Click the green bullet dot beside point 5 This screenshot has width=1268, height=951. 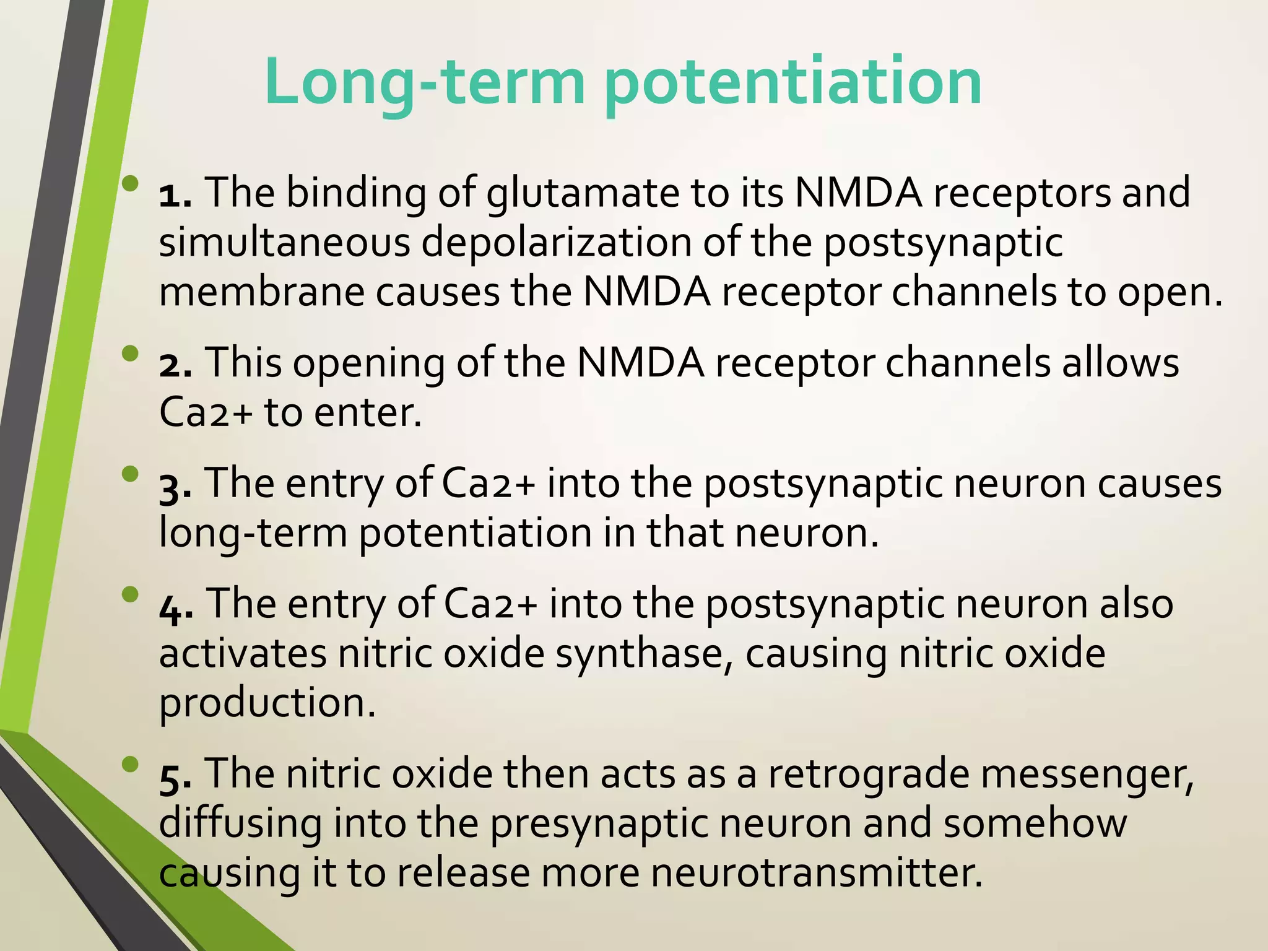(131, 765)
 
